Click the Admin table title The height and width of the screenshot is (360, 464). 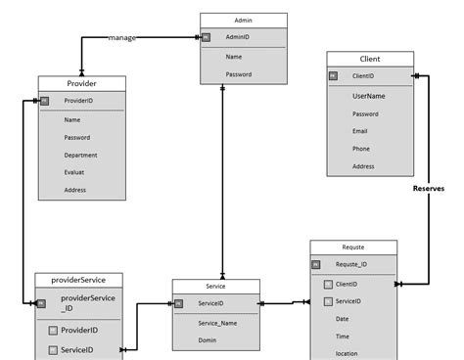tap(244, 20)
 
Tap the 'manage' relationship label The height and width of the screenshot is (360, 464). tap(122, 38)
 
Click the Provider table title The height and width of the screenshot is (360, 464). tap(81, 82)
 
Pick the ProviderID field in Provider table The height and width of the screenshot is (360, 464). tap(79, 101)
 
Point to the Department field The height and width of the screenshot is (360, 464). tap(81, 155)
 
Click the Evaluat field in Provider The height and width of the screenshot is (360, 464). tap(75, 172)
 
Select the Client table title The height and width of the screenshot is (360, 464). tap(370, 59)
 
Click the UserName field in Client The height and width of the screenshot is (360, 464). tap(369, 96)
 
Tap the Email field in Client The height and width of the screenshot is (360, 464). tap(360, 131)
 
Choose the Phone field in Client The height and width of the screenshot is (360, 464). tap(361, 149)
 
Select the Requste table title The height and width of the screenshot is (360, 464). tap(352, 247)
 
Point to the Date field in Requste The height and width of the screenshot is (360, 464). tap(342, 319)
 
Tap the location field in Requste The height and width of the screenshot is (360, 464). tap(348, 353)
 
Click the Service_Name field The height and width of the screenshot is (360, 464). tap(218, 323)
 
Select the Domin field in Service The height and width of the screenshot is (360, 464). tap(208, 340)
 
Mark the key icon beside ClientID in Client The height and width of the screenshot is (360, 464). tap(333, 75)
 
